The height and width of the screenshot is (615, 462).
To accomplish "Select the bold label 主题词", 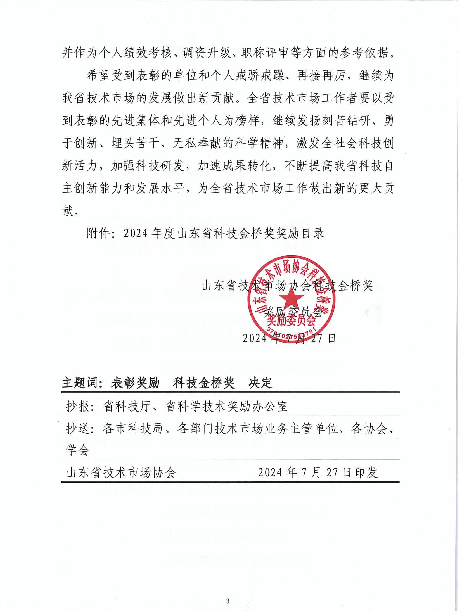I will (x=80, y=383).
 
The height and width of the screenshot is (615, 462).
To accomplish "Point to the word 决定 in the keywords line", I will (x=260, y=383).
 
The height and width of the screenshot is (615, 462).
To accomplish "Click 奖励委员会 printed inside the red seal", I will (x=291, y=322).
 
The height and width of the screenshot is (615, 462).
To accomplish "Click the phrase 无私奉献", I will (x=197, y=144).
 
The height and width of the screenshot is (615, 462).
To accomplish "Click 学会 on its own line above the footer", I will (x=78, y=450).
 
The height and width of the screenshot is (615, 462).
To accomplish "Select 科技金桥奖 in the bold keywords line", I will (x=203, y=383).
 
